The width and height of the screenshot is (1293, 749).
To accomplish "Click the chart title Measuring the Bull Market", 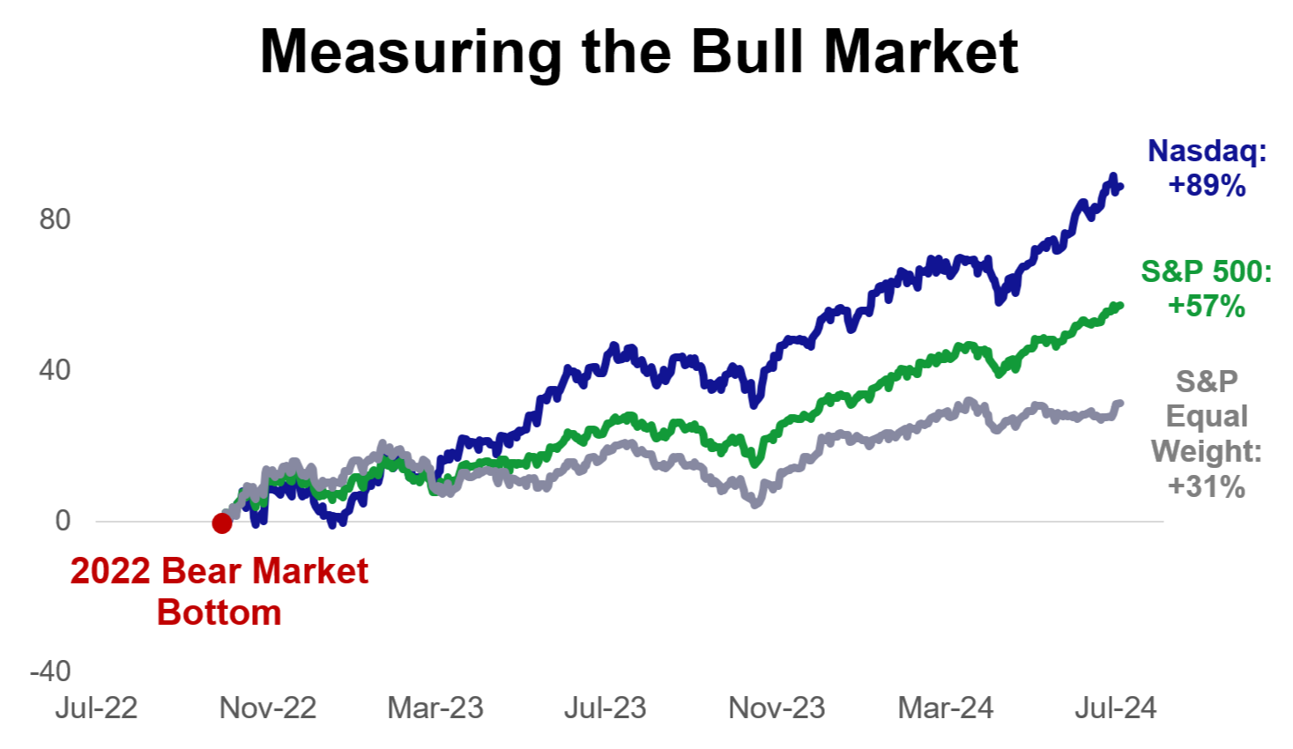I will (x=639, y=52).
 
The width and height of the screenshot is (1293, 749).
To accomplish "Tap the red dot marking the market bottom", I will (x=222, y=523).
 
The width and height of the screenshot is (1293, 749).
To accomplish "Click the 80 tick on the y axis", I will (x=55, y=219).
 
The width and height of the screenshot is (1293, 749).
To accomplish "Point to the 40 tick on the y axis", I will (x=55, y=370).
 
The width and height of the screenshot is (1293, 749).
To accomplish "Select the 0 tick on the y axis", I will (x=63, y=521).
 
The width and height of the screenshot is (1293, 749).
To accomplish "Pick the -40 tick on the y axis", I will (x=50, y=671).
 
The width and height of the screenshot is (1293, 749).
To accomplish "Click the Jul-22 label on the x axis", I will (x=96, y=708).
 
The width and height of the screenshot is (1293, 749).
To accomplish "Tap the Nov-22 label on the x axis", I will (x=267, y=708).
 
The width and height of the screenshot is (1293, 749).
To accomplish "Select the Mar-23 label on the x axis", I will (x=435, y=708).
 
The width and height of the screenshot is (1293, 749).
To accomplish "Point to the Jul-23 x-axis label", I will (x=605, y=708).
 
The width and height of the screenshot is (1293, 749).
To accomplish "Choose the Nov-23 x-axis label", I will (x=777, y=708).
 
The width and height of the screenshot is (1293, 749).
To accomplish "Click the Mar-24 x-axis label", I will (x=946, y=708).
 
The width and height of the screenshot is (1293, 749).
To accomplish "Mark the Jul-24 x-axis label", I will (x=1115, y=708).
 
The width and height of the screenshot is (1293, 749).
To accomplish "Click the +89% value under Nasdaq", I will (x=1207, y=186).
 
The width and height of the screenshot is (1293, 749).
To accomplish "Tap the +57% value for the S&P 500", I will (x=1207, y=307).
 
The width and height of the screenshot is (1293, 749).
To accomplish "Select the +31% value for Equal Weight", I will (x=1207, y=486).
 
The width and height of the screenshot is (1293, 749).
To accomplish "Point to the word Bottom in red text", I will (x=219, y=612).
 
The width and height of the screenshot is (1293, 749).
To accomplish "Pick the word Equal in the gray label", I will (x=1207, y=416).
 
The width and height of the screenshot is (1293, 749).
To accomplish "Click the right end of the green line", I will (x=1119, y=306).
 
